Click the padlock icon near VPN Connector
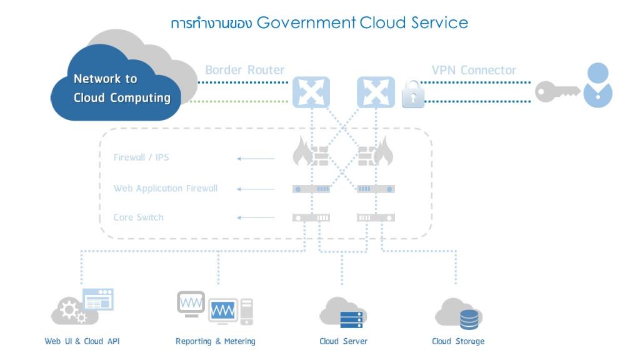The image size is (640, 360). [x=412, y=94]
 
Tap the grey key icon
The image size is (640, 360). [x=557, y=91]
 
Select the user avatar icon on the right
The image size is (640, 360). [x=597, y=85]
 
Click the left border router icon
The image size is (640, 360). [x=311, y=92]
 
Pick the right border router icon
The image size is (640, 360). [x=376, y=92]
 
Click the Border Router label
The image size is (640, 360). [x=244, y=70]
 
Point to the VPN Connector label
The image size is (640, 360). [x=474, y=70]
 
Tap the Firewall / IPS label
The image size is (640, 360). [x=141, y=157]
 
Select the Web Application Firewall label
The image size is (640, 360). [x=165, y=188]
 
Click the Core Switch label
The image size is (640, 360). [x=138, y=217]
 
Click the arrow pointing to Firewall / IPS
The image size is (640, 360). [x=256, y=158]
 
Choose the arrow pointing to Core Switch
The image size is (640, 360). [x=256, y=217]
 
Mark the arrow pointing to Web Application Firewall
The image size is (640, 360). [x=256, y=189]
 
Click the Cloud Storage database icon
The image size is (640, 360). [x=469, y=319]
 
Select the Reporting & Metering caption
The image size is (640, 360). [x=216, y=341]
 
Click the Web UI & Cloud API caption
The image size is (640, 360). [x=82, y=341]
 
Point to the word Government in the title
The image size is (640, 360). [x=306, y=23]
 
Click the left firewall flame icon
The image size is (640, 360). [x=302, y=151]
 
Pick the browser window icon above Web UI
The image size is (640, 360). [x=98, y=299]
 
